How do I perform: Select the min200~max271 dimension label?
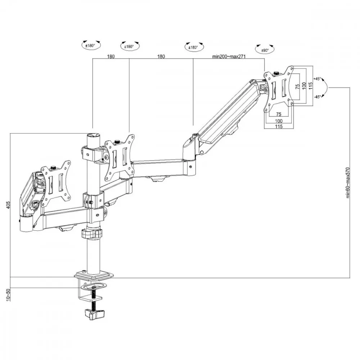pos(229,57)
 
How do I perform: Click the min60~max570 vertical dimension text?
pos(348,182)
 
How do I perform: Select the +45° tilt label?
pos(317,78)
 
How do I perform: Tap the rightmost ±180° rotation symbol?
pos(193,47)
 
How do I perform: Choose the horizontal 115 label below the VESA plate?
pos(279,126)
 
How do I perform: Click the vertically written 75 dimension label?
pos(297,86)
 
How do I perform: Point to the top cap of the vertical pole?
pos(93,136)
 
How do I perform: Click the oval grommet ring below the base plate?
pos(93,287)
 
